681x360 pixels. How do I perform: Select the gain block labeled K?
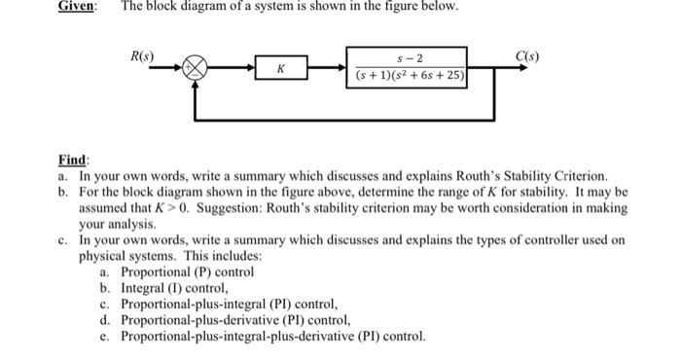281,69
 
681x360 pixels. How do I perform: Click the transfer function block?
408,66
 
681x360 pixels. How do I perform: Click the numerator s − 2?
409,57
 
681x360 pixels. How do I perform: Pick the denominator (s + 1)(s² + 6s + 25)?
409,75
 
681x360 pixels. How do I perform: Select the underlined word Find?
74,159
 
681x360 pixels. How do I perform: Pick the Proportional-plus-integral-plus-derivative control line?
273,337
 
